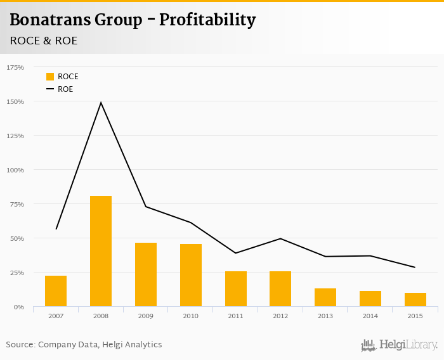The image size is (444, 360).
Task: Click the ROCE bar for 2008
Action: [x=101, y=251]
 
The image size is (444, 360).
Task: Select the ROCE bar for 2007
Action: [x=56, y=291]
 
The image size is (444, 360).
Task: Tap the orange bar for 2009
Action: [x=146, y=274]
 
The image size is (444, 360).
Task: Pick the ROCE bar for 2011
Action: [x=236, y=289]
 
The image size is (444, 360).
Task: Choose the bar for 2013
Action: [x=325, y=297]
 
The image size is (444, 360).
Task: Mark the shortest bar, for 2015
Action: [x=415, y=300]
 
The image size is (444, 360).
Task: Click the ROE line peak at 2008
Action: [x=101, y=103]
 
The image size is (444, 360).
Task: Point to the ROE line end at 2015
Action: [x=415, y=267]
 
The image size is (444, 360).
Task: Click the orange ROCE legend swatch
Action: [x=50, y=77]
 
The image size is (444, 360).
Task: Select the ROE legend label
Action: [x=65, y=89]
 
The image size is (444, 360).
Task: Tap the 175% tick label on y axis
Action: [x=15, y=67]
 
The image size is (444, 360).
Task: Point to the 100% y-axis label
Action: [x=15, y=170]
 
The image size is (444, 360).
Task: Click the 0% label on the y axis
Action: [x=18, y=307]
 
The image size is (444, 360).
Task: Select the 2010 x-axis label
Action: [x=191, y=315]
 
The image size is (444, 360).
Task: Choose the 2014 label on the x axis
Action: [x=370, y=315]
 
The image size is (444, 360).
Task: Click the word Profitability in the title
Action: [x=207, y=20]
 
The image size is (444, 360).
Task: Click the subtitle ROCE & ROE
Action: [x=44, y=41]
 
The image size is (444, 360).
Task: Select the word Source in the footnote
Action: [x=20, y=345]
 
